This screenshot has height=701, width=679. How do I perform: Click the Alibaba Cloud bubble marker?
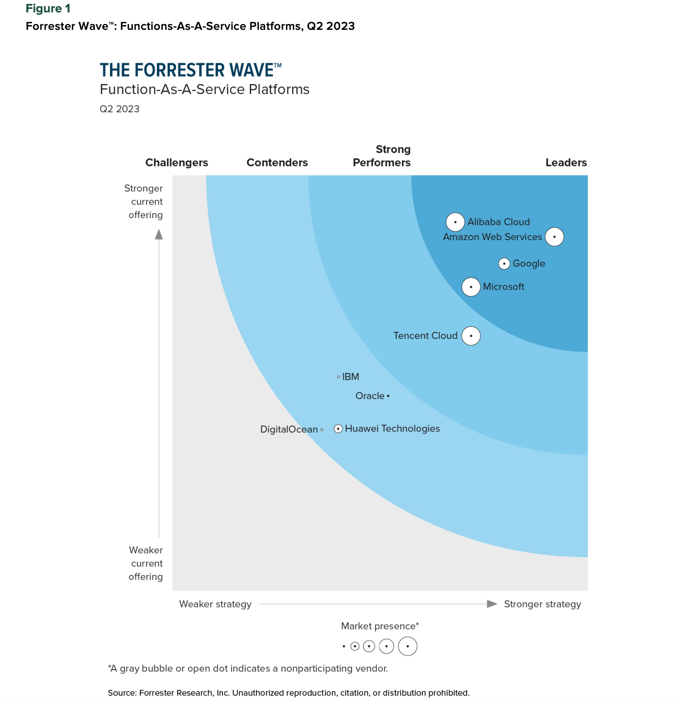point(455,222)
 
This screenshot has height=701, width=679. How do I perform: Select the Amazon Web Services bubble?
point(554,237)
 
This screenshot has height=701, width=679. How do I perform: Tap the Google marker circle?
point(504,264)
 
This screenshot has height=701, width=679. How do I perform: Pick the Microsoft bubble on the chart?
point(471,287)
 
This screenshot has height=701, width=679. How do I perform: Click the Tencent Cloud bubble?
point(471,336)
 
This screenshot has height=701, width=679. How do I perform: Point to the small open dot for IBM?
point(338,377)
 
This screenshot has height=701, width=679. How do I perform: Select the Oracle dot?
point(388,396)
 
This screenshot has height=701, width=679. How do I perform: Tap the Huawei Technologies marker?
point(338,429)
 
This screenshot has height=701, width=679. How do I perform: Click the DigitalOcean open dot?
point(322,430)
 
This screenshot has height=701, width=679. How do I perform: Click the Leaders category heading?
point(566,162)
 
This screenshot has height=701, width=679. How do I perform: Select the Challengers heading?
point(176,162)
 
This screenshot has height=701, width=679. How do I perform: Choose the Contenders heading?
point(277,162)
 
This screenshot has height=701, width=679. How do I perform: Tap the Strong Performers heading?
point(382,156)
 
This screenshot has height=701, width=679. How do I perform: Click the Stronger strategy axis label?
point(542,604)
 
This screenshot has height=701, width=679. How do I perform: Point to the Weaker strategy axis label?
point(215,604)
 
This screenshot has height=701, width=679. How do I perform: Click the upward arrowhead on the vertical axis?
point(159,235)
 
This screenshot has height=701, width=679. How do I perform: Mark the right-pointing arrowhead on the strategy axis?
point(492,604)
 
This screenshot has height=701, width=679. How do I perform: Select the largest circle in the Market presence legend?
point(407,646)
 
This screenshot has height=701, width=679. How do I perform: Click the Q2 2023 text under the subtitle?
point(119,109)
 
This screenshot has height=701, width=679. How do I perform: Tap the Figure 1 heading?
point(48,9)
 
